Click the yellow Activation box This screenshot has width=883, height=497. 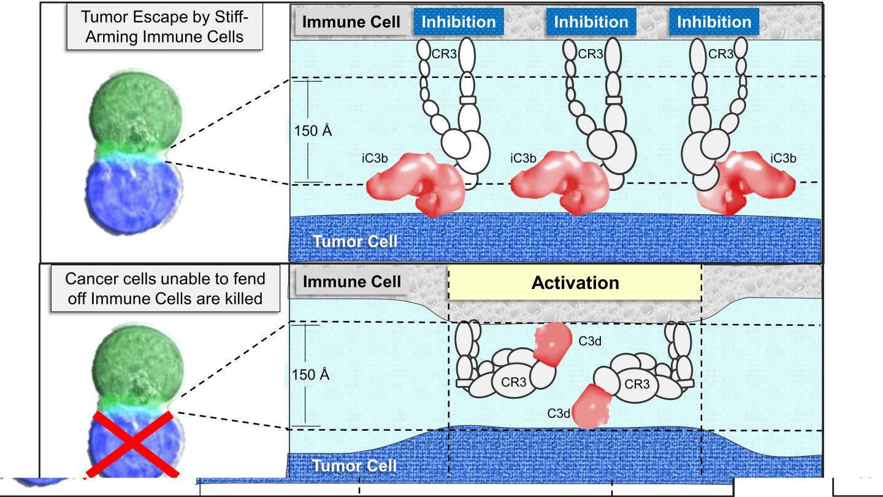(575, 283)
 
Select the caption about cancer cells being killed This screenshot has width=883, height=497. (166, 288)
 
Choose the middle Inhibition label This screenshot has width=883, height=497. (591, 22)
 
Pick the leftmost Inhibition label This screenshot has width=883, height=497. (459, 22)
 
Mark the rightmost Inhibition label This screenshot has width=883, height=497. (714, 22)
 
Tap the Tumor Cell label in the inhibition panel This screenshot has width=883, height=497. (355, 241)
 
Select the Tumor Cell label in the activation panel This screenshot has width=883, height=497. (355, 465)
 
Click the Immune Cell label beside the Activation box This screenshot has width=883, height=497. (352, 282)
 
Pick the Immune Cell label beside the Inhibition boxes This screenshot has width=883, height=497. (352, 23)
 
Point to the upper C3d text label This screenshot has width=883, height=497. (589, 341)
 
